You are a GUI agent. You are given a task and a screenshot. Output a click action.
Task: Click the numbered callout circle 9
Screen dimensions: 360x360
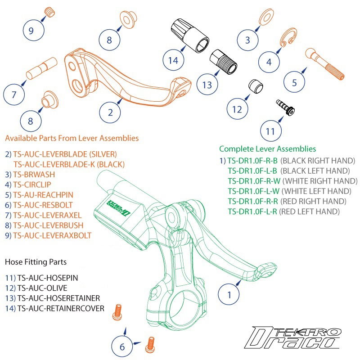pyautogui.click(x=31, y=31)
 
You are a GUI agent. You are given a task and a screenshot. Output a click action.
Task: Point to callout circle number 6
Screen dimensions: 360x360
pyautogui.click(x=121, y=347)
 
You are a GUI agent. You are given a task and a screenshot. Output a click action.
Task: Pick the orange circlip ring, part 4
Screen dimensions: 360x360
pyautogui.click(x=285, y=39)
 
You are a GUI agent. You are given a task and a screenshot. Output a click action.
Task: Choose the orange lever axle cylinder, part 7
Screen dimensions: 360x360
pyautogui.click(x=40, y=70)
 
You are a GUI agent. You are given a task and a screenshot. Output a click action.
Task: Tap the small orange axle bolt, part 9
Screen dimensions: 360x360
pyautogui.click(x=49, y=11)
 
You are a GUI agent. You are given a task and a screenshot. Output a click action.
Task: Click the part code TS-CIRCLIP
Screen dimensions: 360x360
pyautogui.click(x=33, y=184)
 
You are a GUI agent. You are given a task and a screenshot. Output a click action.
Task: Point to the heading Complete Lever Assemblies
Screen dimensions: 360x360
pyautogui.click(x=267, y=149)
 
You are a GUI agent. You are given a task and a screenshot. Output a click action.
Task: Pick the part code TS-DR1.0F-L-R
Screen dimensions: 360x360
pyautogui.click(x=253, y=211)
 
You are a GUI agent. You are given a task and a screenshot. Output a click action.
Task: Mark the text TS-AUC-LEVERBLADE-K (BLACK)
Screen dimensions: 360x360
pyautogui.click(x=69, y=164)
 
